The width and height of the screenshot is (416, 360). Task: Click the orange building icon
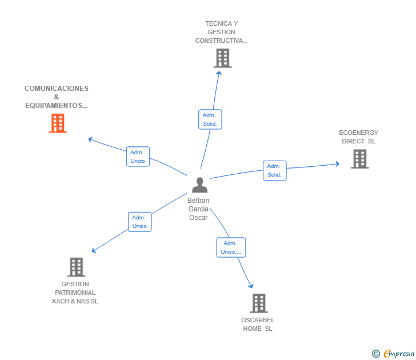coord(58,123)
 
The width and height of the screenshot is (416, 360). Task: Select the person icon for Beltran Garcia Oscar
coord(199,185)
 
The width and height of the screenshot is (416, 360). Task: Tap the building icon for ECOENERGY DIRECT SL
coord(360,159)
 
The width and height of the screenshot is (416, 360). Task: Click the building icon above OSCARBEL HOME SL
coord(259,303)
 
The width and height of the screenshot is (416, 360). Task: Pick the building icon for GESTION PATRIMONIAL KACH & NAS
coord(76,267)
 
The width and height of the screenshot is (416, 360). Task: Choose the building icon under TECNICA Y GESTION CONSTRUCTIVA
coord(223,58)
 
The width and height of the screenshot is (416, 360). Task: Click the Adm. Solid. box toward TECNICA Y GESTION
coord(210,119)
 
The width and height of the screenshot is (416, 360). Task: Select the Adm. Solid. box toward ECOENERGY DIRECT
coord(275,171)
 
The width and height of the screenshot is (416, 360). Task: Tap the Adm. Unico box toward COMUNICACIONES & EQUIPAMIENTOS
coord(138,157)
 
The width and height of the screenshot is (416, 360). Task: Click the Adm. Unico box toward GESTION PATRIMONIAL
coord(140,222)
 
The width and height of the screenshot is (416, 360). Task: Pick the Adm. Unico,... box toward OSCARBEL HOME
coord(231,247)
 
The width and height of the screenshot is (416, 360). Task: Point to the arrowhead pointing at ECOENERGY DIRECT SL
coord(338,163)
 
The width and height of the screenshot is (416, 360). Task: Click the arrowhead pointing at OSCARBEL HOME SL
coord(251,286)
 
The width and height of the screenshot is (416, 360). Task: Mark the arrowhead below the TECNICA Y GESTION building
coord(219,73)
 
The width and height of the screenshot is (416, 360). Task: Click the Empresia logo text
coord(399,353)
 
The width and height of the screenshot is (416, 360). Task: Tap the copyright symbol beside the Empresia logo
coord(375,354)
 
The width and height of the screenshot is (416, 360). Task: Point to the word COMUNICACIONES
coord(57,89)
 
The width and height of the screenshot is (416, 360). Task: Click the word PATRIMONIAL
coord(75,293)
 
